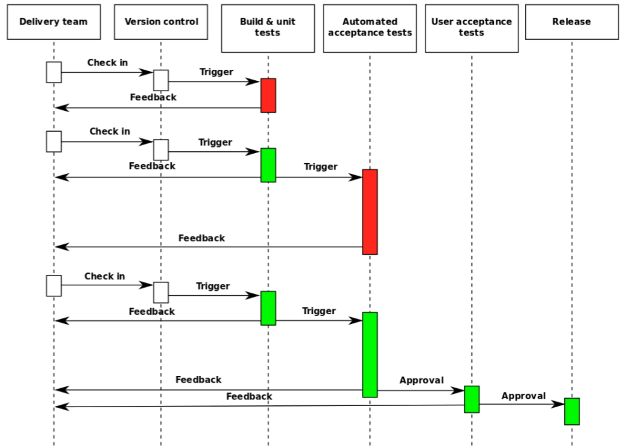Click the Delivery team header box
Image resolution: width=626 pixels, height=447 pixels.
coord(54,22)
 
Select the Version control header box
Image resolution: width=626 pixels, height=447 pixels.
coord(161,22)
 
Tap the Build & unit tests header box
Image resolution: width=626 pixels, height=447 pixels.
coord(268,28)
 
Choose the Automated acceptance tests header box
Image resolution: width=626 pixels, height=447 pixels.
coord(370,28)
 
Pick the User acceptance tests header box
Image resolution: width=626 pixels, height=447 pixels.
coord(471,28)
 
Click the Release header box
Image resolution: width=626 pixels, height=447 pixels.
coord(572,22)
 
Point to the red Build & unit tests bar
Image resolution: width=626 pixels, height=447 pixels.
coord(268,96)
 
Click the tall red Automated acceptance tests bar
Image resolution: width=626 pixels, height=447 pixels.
coord(370,212)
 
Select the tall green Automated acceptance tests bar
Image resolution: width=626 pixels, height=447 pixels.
coord(370,355)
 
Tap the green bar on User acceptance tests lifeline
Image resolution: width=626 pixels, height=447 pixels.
coord(472,399)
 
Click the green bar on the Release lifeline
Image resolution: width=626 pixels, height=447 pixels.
coord(572,411)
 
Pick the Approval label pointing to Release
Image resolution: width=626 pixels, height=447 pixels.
coord(523,396)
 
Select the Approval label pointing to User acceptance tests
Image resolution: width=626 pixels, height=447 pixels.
coord(422,380)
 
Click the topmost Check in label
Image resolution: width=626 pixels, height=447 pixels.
coord(108,63)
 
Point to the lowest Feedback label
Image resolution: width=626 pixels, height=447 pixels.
coord(249,396)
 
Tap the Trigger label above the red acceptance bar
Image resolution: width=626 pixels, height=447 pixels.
coord(320,167)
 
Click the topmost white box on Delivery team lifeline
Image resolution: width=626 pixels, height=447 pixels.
coord(54,72)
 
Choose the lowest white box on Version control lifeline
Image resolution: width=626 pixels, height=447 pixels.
coord(161,292)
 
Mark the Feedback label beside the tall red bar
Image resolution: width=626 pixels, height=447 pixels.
coord(202,238)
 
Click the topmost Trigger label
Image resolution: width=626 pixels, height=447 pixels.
coord(216,72)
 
